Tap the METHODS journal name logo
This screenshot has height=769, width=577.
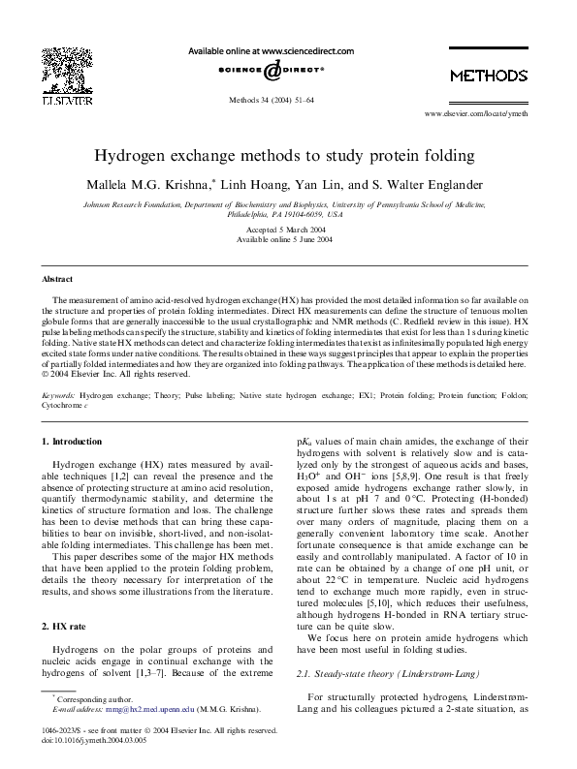coord(488,76)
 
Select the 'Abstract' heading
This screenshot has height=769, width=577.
coord(58,279)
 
